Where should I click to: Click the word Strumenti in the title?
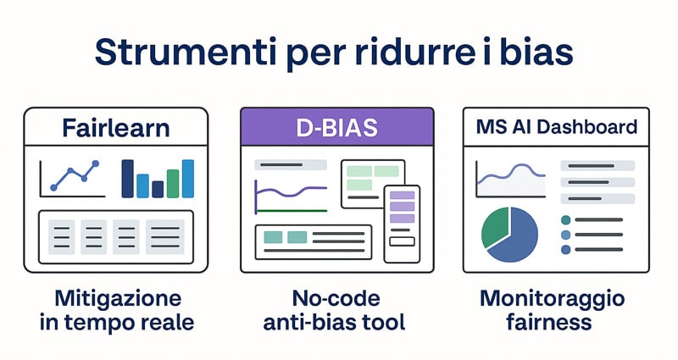pyautogui.click(x=186, y=52)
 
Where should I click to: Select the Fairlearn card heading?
pyautogui.click(x=116, y=128)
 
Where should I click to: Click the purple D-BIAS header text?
pyautogui.click(x=336, y=128)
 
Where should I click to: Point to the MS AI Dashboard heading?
pyautogui.click(x=557, y=126)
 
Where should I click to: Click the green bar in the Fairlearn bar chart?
pyautogui.click(x=173, y=184)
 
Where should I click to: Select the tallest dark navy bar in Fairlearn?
pyautogui.click(x=128, y=179)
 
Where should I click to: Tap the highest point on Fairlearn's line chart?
pyautogui.click(x=96, y=163)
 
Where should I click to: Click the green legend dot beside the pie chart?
pyautogui.click(x=565, y=220)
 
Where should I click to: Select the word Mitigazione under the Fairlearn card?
pyautogui.click(x=118, y=299)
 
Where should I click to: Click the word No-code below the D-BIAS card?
pyautogui.click(x=336, y=298)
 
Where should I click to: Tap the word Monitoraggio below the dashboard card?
pyautogui.click(x=553, y=299)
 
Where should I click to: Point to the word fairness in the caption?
pyautogui.click(x=548, y=322)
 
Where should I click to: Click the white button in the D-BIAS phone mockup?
pyautogui.click(x=402, y=241)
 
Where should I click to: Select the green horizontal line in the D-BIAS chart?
pyautogui.click(x=292, y=211)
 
